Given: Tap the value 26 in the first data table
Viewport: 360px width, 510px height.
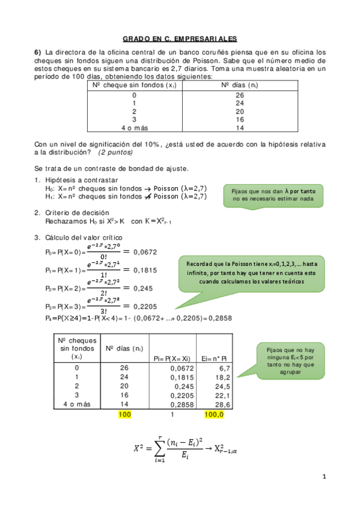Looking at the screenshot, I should coord(240,95).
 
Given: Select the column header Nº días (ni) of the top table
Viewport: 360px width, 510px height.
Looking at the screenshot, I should coord(240,85).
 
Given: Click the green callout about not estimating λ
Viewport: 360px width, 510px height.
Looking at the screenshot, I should coord(273,194).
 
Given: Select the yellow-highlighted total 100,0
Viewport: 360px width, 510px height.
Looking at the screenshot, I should coord(214,414).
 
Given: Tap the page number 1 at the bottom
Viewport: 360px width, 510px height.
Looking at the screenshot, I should coord(323,477).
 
